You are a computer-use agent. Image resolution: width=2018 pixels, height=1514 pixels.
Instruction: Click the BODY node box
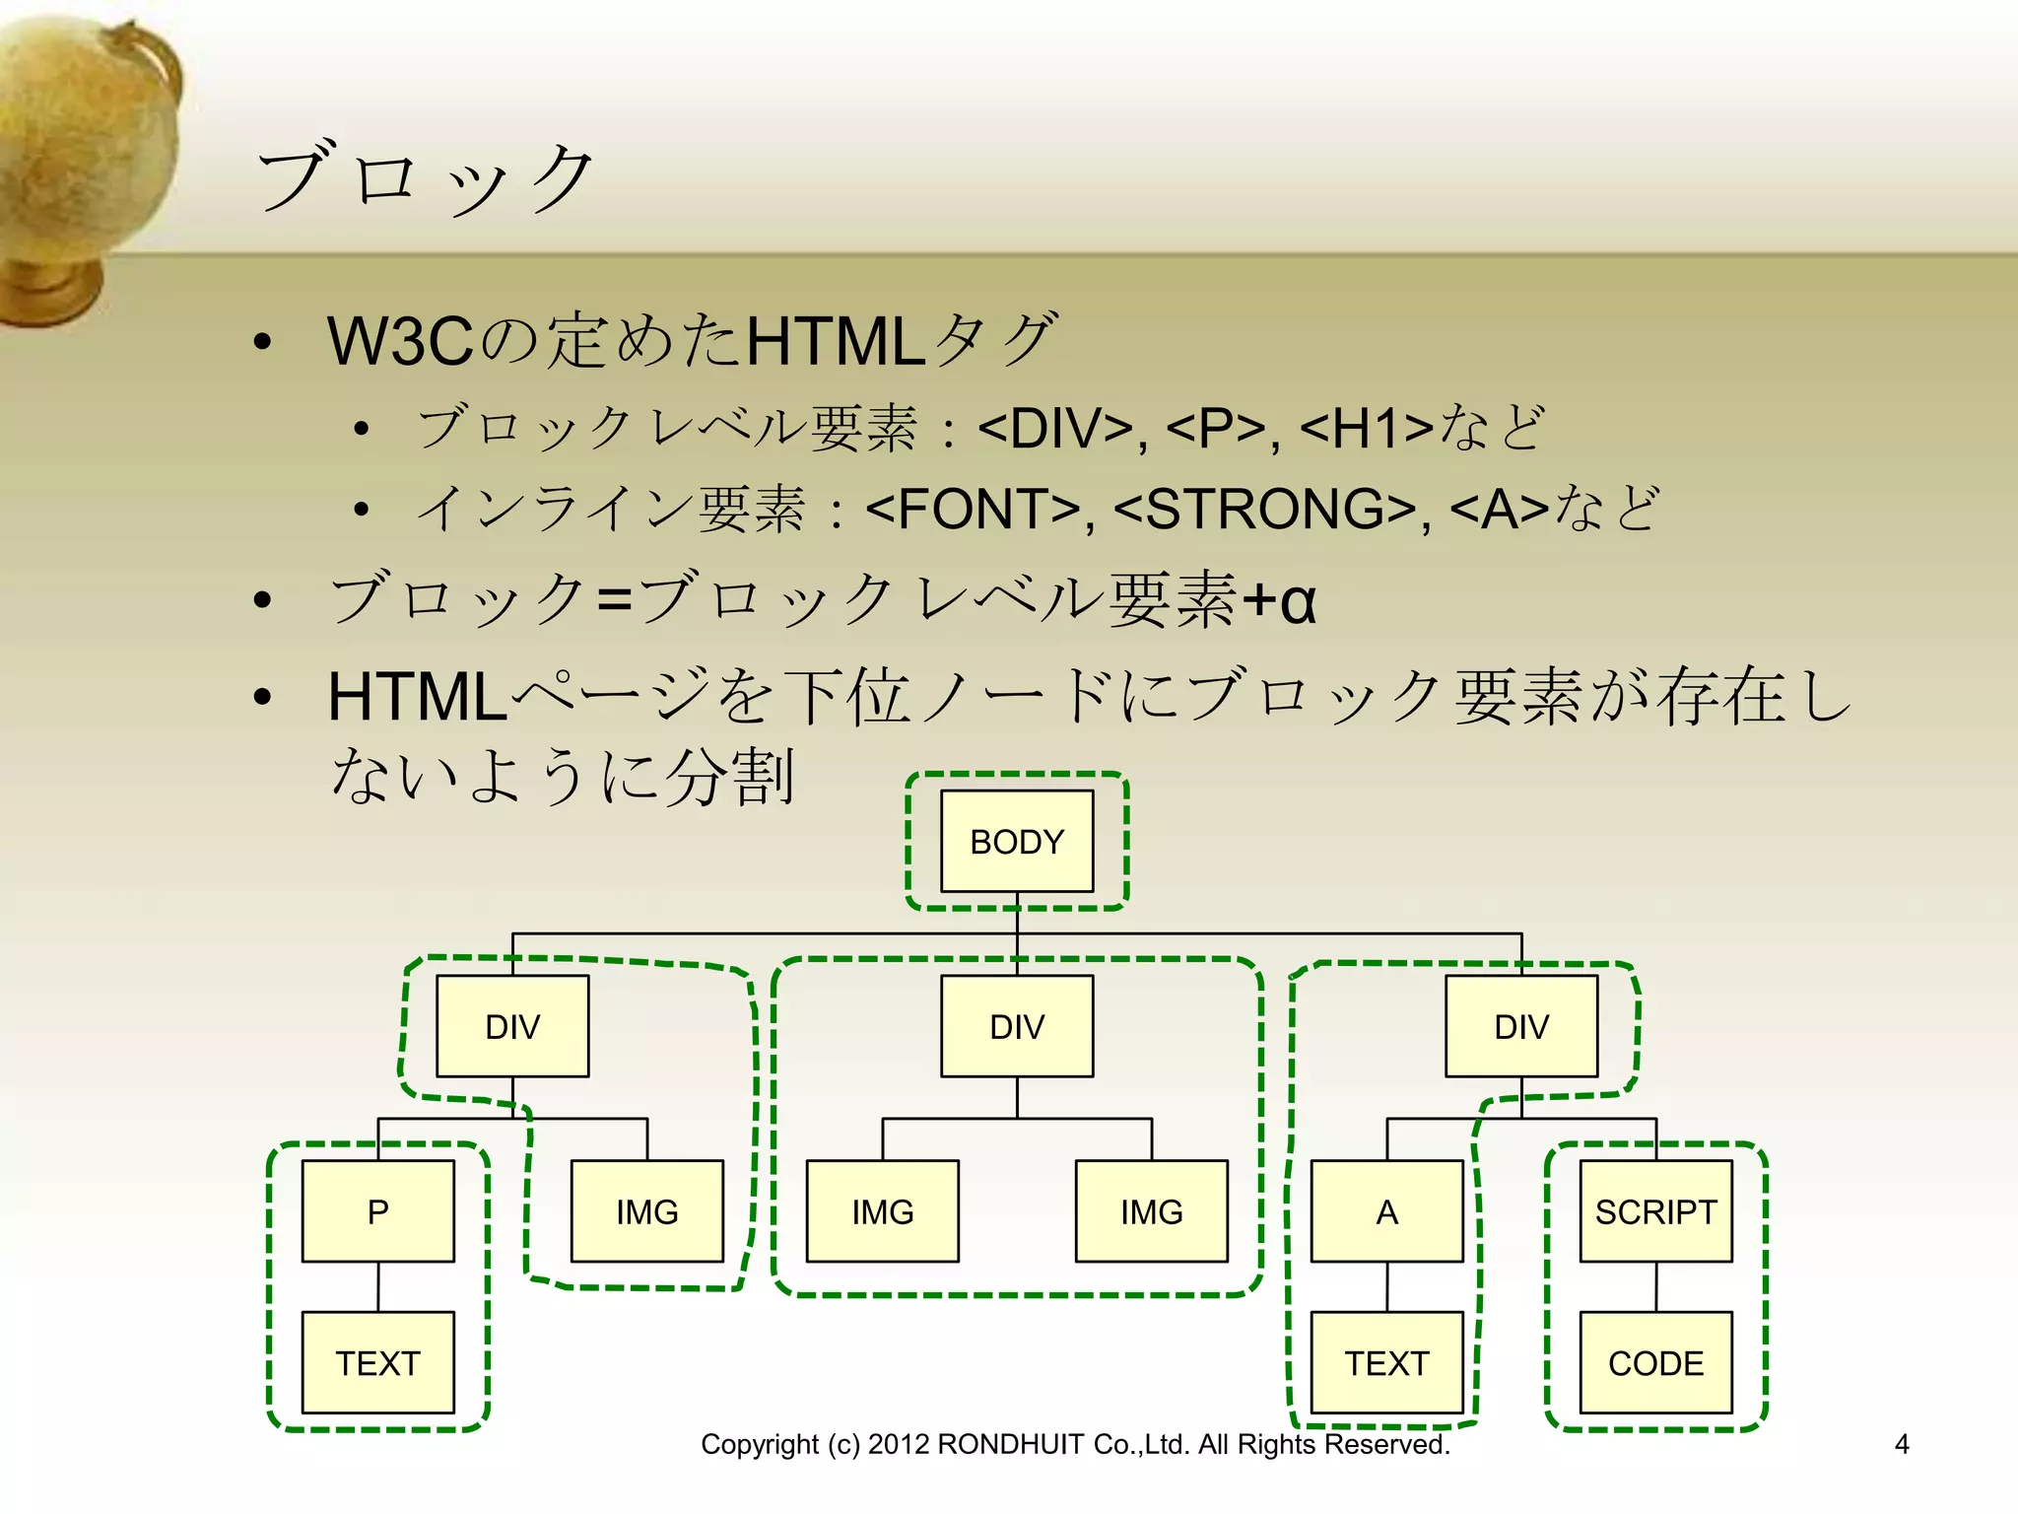click(1017, 841)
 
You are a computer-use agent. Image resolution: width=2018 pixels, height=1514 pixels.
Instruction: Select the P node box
click(378, 1210)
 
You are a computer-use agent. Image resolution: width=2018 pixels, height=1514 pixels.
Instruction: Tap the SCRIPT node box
click(1655, 1210)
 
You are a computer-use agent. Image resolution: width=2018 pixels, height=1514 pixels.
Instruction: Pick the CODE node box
click(1655, 1362)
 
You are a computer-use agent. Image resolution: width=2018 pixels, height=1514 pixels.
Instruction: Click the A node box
click(1386, 1210)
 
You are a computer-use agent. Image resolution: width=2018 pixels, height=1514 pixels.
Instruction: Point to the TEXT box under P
click(378, 1362)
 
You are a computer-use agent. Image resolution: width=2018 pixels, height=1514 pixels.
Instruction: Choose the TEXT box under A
click(1386, 1362)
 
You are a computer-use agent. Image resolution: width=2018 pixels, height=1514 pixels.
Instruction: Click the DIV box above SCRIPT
click(1521, 1026)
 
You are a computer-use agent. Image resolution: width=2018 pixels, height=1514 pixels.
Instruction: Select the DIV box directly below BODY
click(1017, 1026)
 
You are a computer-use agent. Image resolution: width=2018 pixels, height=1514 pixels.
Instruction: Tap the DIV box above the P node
click(512, 1026)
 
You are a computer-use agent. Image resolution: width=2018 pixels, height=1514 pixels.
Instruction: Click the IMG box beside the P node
click(647, 1210)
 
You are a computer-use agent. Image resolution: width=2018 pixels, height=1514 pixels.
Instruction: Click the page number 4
click(1902, 1444)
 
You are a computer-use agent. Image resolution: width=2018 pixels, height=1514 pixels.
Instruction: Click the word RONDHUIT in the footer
click(1011, 1444)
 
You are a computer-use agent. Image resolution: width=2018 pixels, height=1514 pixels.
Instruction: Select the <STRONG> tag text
click(1265, 510)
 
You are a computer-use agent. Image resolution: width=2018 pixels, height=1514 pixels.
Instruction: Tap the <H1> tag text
click(1367, 429)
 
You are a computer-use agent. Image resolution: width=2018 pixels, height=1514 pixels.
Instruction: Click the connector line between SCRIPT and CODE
click(1656, 1286)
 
